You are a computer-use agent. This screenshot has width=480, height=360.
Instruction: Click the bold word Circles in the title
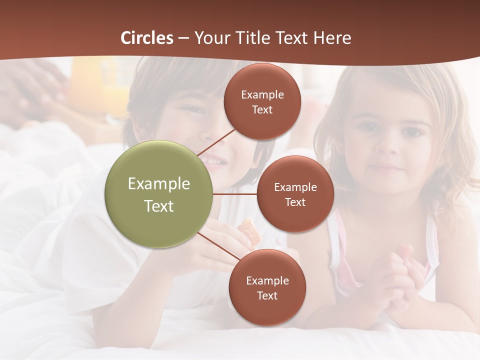coord(147,38)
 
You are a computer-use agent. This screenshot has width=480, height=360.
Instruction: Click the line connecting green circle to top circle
coord(215,142)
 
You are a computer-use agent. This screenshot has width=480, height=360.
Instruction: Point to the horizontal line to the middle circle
coord(235,194)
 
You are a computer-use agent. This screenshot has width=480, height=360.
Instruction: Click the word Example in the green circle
coord(159,184)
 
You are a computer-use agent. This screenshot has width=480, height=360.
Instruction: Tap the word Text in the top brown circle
coord(262,109)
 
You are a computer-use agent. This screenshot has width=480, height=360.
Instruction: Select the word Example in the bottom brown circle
coord(267,280)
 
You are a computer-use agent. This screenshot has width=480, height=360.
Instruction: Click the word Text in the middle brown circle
coord(295,202)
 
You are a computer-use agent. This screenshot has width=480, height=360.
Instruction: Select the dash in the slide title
coord(183,38)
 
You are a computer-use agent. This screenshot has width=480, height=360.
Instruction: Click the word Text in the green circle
coord(159,206)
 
